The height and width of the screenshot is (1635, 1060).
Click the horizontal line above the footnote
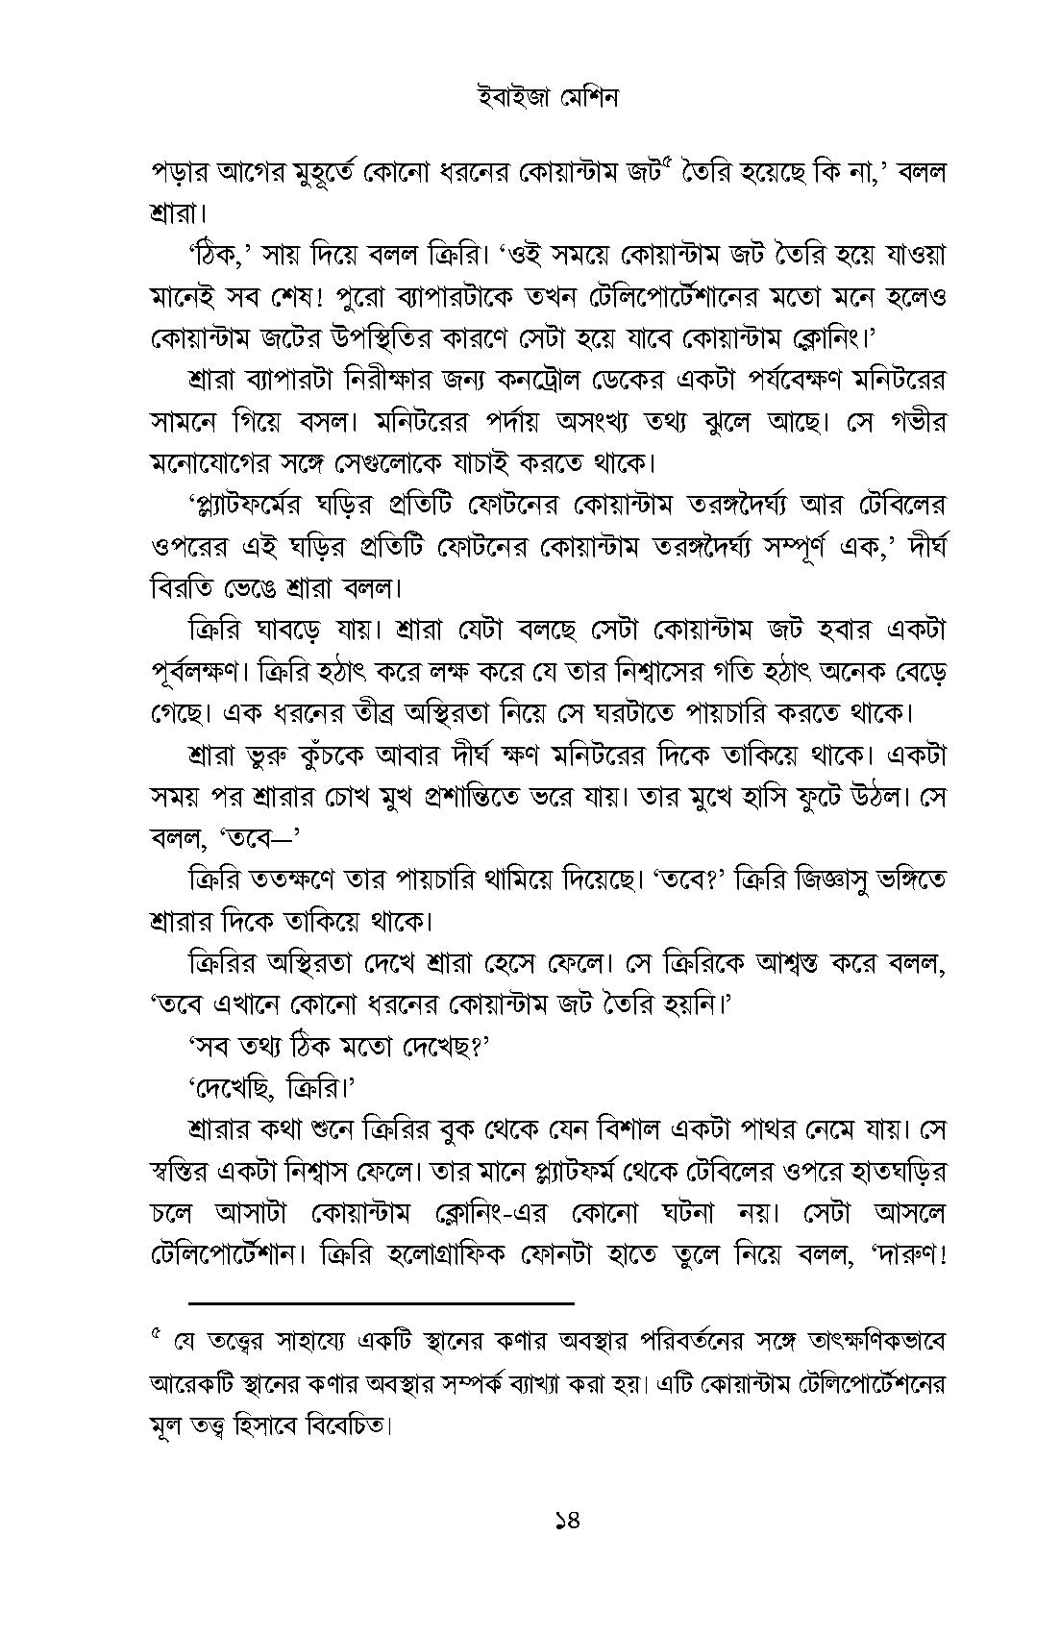(382, 1302)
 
